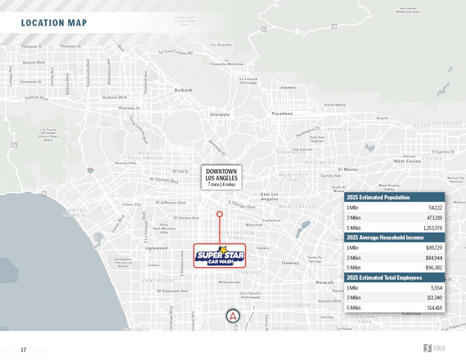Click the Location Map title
point(54,23)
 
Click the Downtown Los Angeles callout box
point(222,177)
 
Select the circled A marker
point(233,316)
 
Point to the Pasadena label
point(282,114)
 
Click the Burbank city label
point(183,90)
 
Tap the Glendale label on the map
point(220,114)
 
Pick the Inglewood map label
point(156,248)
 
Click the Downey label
point(290,263)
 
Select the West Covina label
point(407,161)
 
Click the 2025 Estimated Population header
point(378,198)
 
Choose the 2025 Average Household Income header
point(386,238)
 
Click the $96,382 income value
point(434,268)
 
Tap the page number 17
point(23,350)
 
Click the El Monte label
point(348,169)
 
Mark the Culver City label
point(132,204)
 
